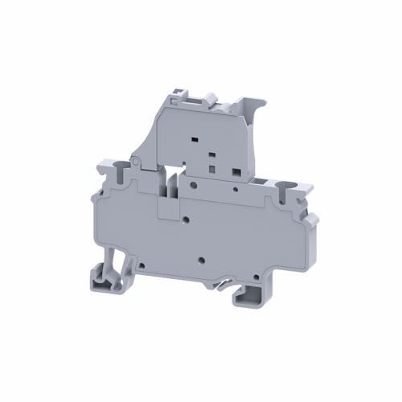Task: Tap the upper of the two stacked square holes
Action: [211, 154]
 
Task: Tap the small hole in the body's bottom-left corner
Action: [137, 261]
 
